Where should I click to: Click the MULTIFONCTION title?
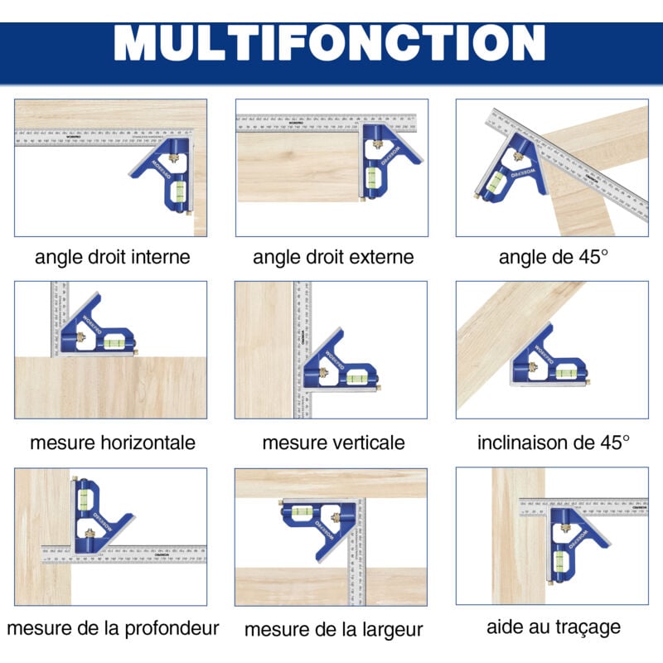pos(331,42)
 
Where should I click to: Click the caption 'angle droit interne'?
pos(112,257)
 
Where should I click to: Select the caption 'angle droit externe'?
pos(332,257)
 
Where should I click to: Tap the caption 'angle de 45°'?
pos(553,257)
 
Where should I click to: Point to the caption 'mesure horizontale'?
pos(113,442)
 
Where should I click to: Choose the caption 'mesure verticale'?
pos(333,442)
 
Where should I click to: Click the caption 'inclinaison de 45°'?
pos(553,442)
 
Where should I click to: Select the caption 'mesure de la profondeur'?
pos(113,627)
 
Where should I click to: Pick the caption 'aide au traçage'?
pos(554,627)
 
